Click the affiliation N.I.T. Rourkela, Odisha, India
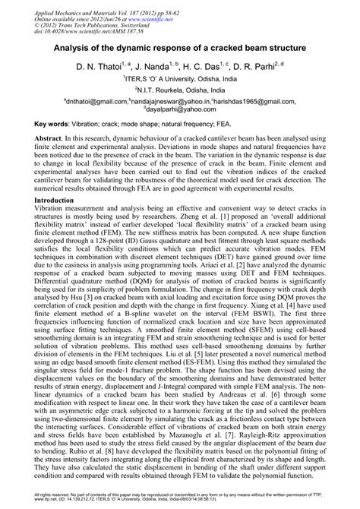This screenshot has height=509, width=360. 181,89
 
